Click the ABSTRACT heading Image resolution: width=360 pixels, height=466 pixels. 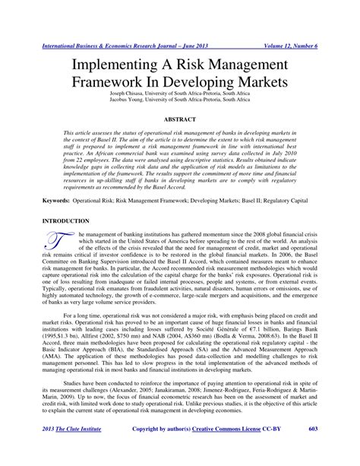(181, 120)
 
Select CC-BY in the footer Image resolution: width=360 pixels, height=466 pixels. (291, 452)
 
